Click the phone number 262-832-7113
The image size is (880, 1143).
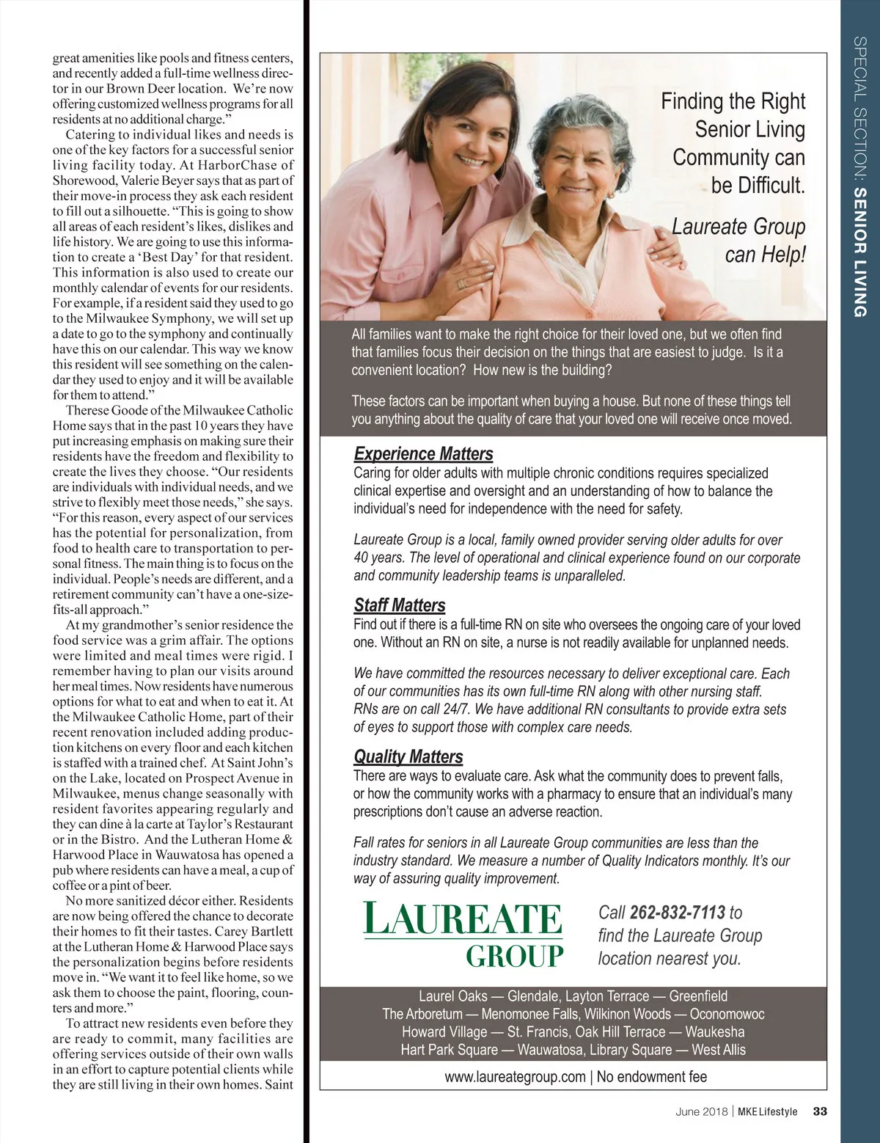point(677,913)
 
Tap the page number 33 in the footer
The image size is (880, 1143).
point(820,1111)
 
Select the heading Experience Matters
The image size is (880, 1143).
point(423,453)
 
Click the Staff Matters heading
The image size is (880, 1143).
point(400,605)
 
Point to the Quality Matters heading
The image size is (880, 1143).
point(408,756)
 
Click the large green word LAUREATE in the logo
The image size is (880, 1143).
point(463,920)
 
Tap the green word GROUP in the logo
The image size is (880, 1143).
point(515,957)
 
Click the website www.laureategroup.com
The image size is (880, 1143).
point(515,1077)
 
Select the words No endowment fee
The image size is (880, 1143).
point(652,1077)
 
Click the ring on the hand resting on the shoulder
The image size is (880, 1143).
point(462,283)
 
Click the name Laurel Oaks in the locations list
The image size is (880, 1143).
point(452,996)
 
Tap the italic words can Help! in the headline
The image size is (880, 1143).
point(765,255)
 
